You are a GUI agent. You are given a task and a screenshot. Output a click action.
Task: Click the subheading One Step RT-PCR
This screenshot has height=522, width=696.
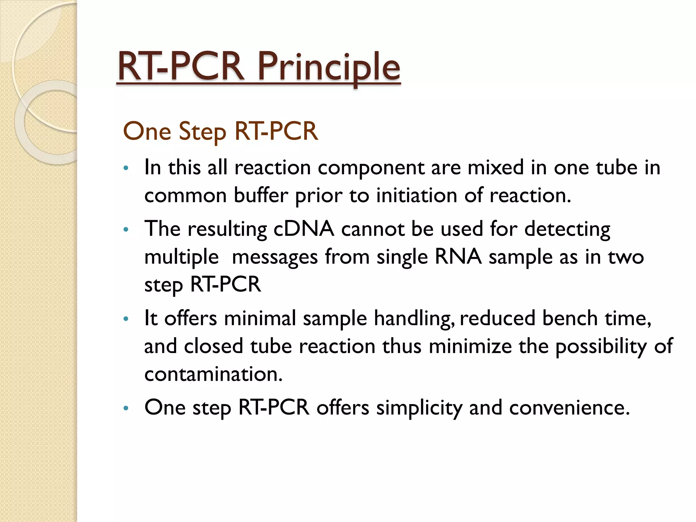point(220,131)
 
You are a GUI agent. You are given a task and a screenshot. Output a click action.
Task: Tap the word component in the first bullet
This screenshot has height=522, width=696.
point(371,168)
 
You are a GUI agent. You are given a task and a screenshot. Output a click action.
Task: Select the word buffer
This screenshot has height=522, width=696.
point(261,196)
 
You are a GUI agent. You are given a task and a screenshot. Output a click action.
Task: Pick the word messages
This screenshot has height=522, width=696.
point(275,257)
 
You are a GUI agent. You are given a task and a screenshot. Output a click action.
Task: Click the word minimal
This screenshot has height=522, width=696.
point(260,319)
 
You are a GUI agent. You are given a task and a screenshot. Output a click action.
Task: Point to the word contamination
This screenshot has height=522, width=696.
point(213,374)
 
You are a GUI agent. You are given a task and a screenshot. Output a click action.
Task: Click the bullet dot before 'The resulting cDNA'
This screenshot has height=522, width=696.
point(126,230)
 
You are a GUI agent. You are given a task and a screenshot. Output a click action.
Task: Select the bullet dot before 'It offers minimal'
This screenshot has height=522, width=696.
point(126,319)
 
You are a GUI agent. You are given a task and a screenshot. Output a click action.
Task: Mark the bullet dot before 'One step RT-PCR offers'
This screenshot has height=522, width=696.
point(126,408)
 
